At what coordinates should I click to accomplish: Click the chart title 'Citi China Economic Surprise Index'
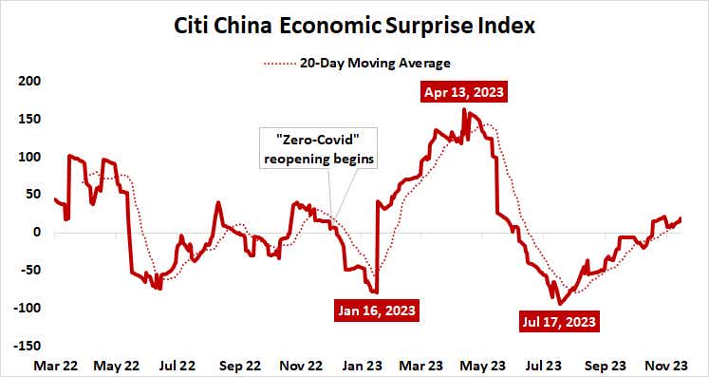355,25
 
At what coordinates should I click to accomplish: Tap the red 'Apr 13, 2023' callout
465,93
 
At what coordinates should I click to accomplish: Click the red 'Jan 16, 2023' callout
377,310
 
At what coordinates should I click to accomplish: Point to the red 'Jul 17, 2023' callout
559,321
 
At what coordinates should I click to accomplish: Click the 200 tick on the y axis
31,81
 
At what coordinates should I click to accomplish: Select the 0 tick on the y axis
38,233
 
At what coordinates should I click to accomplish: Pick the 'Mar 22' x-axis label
55,364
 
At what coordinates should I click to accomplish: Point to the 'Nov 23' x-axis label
666,364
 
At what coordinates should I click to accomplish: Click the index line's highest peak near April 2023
464,110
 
